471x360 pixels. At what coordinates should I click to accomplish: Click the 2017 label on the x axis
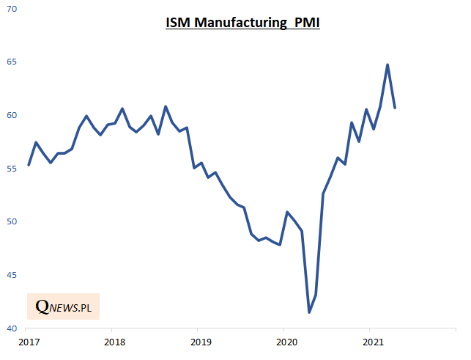coord(29,342)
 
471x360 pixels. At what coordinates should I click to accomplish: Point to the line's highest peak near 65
coord(387,65)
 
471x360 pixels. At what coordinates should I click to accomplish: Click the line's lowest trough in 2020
coord(309,312)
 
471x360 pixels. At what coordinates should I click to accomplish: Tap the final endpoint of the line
coord(395,108)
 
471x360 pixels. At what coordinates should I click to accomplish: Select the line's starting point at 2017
coord(29,165)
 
